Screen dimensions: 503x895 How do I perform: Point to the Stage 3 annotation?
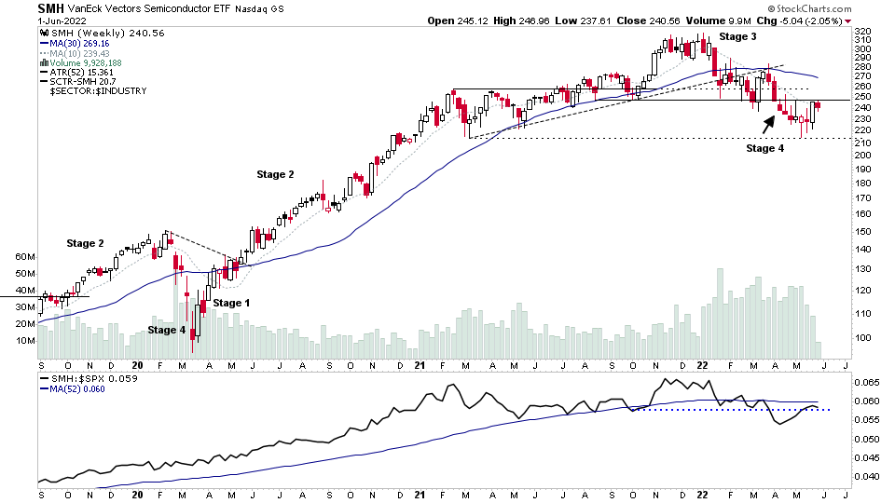pos(737,36)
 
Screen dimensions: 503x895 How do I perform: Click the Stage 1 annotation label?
pos(231,303)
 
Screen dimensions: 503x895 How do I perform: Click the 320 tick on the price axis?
pos(861,32)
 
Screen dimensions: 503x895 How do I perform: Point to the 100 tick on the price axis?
pos(861,338)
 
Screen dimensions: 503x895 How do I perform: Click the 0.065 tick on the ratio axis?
pos(865,383)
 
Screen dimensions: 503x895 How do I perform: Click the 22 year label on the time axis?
pos(700,366)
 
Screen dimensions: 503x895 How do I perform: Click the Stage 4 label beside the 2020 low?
pos(167,330)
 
